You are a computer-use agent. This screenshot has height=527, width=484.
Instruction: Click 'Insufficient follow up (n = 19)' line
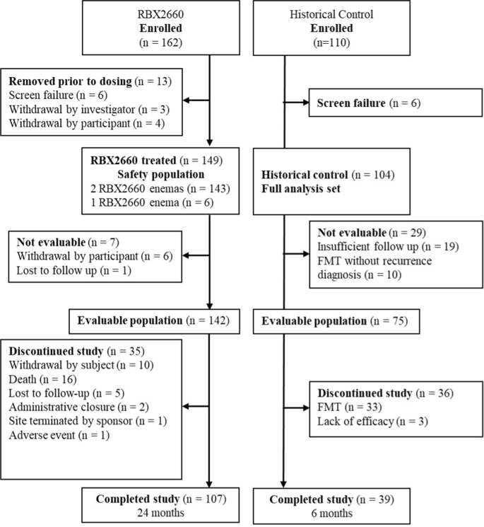(x=380, y=246)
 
